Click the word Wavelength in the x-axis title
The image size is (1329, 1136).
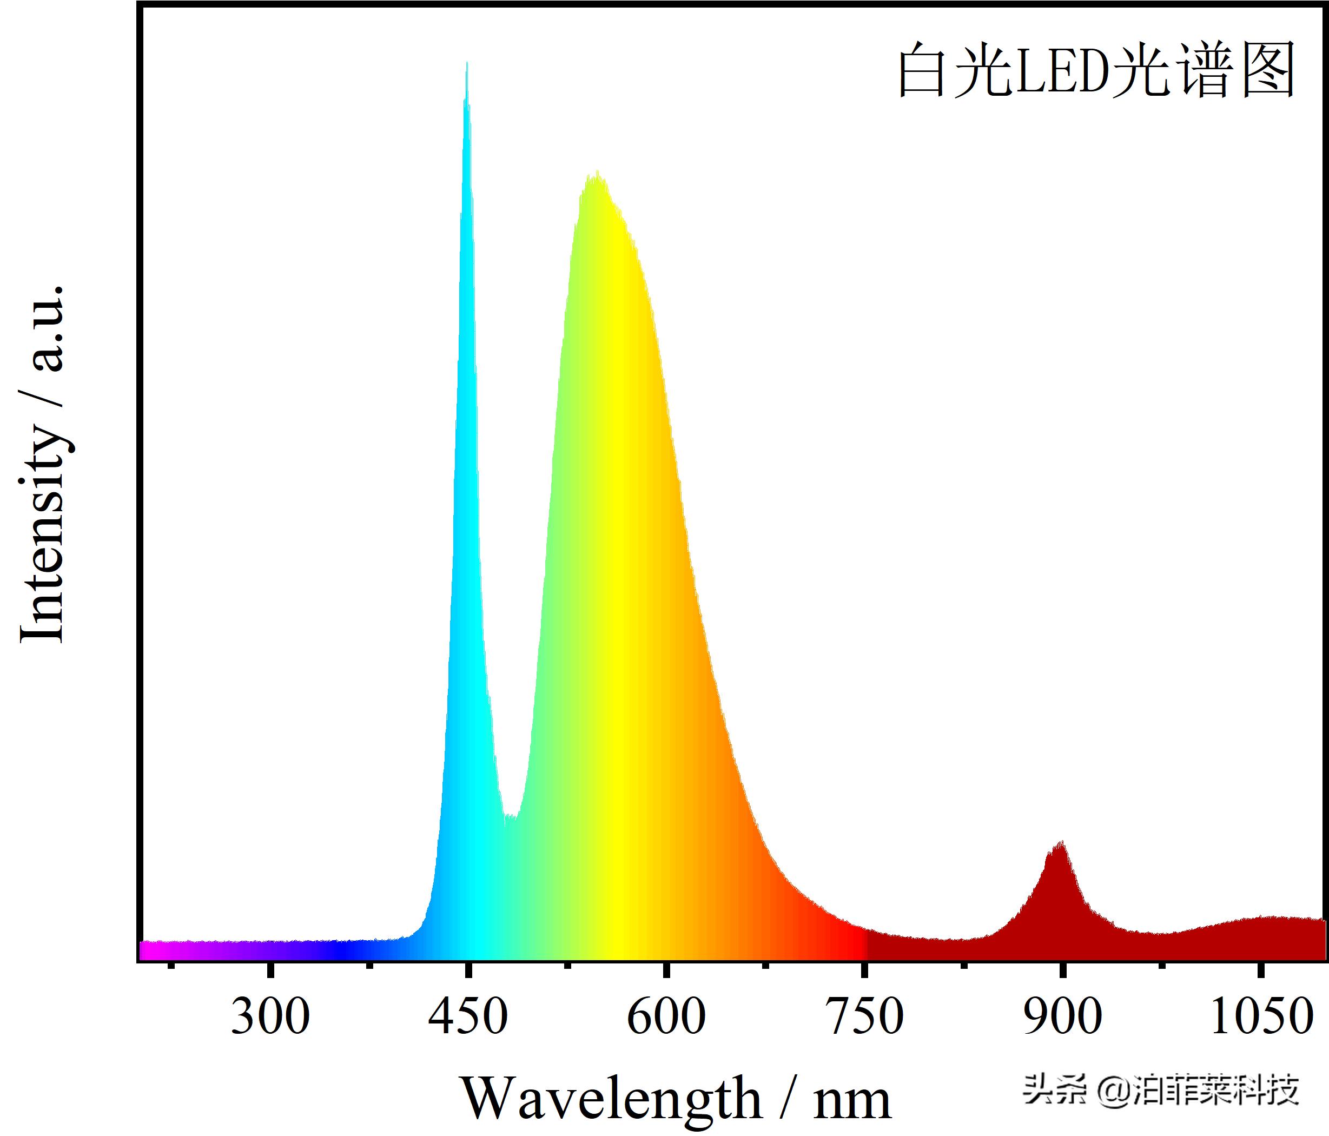611,1099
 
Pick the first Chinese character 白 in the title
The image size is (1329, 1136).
922,70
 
